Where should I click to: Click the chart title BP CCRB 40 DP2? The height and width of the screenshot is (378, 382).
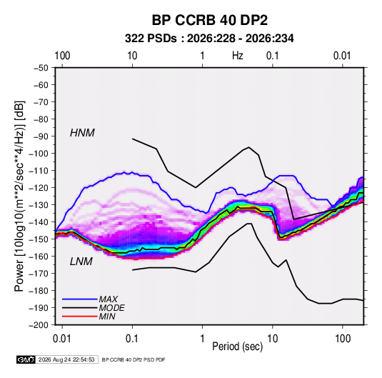point(210,20)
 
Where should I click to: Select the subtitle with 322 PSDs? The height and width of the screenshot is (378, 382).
point(209,39)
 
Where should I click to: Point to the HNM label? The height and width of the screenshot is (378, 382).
point(82,133)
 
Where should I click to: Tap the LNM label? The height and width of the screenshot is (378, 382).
point(81,262)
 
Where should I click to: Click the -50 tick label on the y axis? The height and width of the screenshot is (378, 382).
point(41,68)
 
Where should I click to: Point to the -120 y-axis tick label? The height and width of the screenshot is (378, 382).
point(39,188)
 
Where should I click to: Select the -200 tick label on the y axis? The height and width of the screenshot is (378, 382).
point(39,325)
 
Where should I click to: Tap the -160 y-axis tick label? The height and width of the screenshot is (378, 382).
point(39,257)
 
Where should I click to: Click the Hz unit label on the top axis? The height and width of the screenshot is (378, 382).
point(238,56)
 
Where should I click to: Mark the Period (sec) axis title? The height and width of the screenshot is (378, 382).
point(238,347)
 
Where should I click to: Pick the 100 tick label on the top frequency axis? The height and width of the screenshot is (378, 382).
point(62,56)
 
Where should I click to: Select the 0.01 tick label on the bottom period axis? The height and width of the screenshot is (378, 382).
point(62,339)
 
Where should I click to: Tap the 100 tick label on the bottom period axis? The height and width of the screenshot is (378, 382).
point(343,339)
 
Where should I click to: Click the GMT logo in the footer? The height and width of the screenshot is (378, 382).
point(26,359)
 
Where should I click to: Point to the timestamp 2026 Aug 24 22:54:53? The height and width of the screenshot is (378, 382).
point(66,359)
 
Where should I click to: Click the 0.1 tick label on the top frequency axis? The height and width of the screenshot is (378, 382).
point(272,56)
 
